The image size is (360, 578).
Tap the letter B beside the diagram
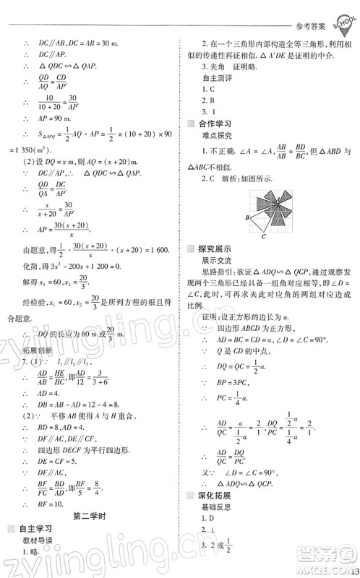[x=247, y=216]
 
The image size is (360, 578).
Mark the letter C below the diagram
[x=265, y=236]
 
